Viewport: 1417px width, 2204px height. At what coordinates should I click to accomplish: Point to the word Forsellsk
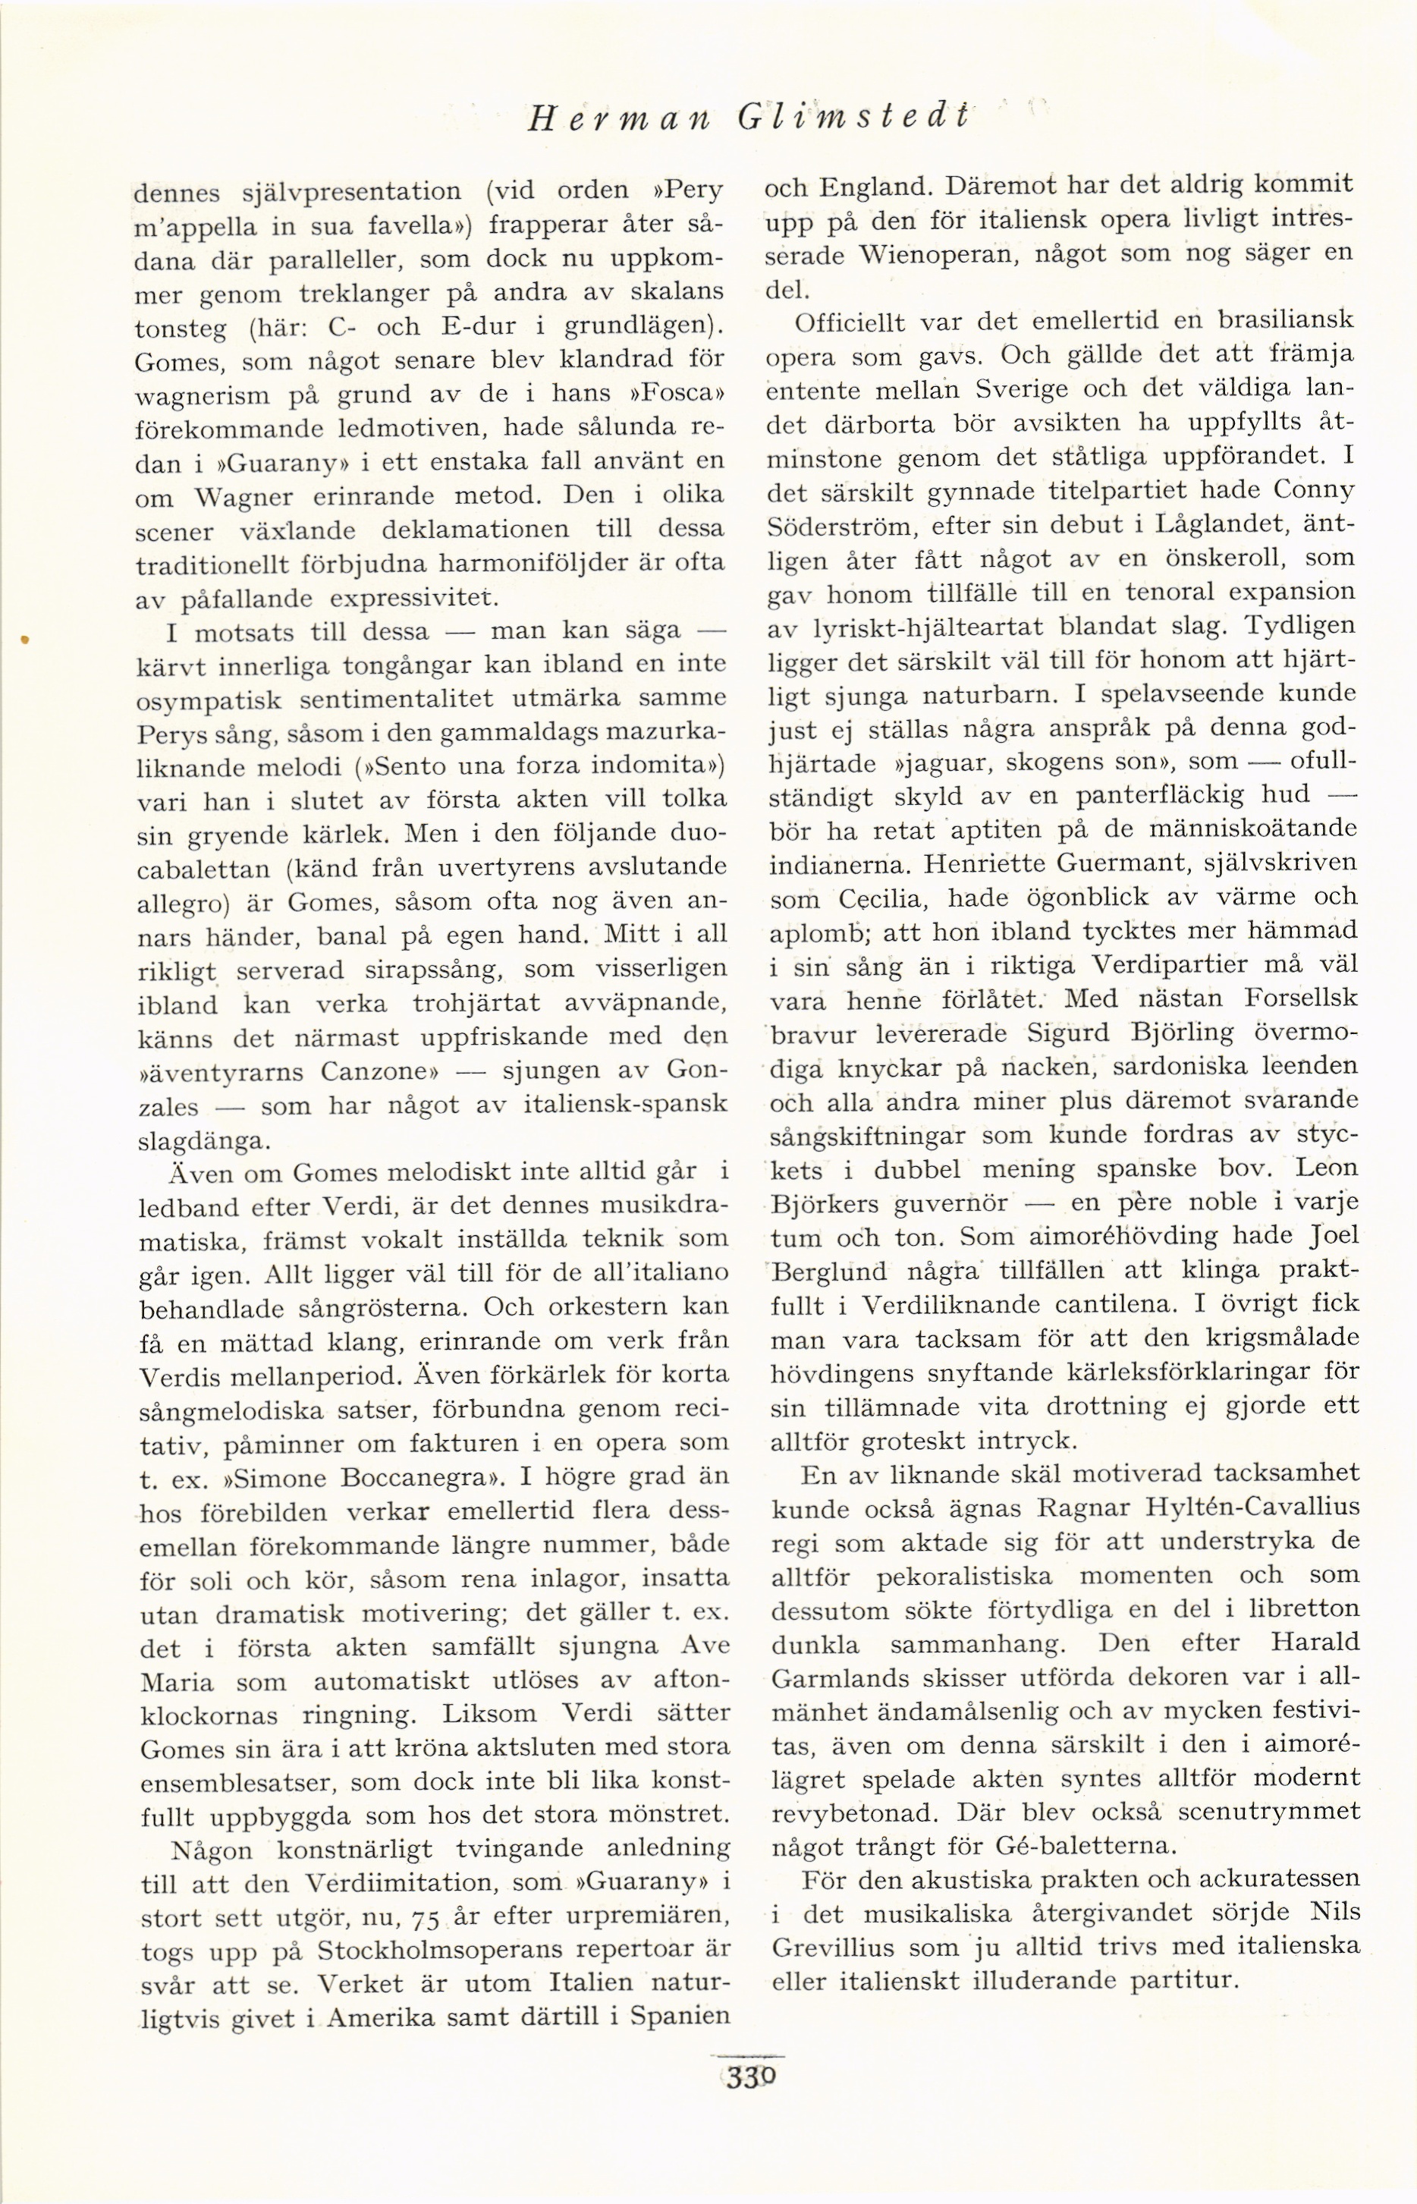1299,998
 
